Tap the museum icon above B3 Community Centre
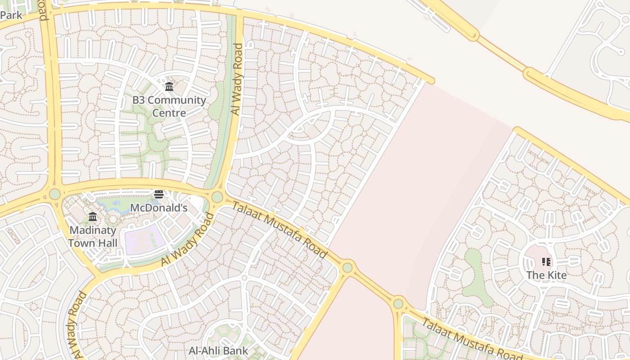[x=169, y=86]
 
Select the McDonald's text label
[x=158, y=208]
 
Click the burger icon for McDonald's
[x=159, y=194]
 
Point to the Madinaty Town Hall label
[x=93, y=237]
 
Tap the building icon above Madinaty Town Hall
[x=93, y=217]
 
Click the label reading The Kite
[x=546, y=275]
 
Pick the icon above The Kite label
[x=546, y=262]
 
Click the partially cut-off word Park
[x=11, y=15]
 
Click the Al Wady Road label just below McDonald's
[x=187, y=239]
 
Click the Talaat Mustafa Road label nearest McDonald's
[x=280, y=230]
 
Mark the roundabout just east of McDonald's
[x=217, y=197]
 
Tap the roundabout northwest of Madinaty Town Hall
[x=55, y=194]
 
